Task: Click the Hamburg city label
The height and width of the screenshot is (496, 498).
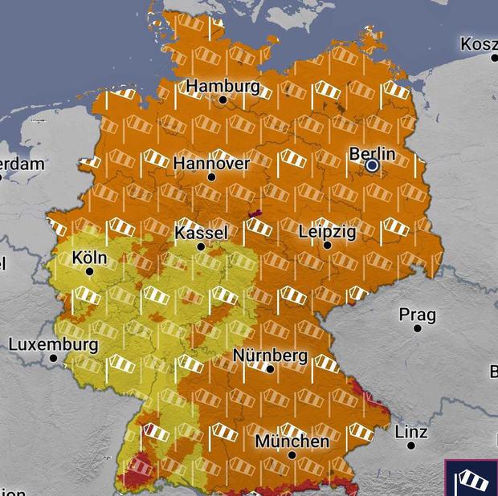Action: tap(223, 86)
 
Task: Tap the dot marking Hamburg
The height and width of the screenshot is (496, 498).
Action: tap(223, 100)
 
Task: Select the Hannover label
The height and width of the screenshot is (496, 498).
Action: tap(211, 163)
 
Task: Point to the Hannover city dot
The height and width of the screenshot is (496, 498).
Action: tap(211, 177)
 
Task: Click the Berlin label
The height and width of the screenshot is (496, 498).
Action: tap(373, 152)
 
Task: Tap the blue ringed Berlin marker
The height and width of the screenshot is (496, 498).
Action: tap(372, 165)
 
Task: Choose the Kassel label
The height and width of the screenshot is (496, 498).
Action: tap(201, 233)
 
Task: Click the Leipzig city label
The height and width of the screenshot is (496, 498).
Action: tap(327, 231)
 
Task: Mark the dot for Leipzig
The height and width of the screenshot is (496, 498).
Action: tap(327, 246)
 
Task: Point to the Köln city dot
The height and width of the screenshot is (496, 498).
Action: tap(89, 271)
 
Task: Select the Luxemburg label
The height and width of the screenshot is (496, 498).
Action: tap(53, 344)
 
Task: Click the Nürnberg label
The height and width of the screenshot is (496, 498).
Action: tap(270, 355)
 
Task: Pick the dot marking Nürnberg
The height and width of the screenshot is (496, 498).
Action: tap(270, 369)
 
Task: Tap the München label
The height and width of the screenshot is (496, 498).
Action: tap(292, 441)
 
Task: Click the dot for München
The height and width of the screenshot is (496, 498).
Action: tap(292, 455)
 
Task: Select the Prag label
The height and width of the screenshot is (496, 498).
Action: tap(418, 314)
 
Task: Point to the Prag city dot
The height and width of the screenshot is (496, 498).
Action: tap(418, 328)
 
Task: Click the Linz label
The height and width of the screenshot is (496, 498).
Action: tap(410, 432)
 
